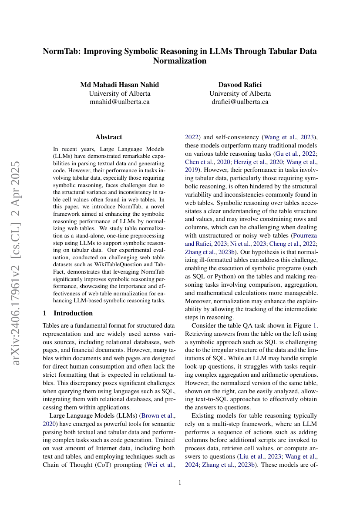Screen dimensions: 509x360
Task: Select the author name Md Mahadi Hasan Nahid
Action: (x=119, y=84)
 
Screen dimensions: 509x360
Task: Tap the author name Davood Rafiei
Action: (x=240, y=84)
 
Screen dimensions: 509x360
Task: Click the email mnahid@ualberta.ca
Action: (x=119, y=102)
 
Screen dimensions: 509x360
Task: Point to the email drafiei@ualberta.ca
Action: (x=240, y=102)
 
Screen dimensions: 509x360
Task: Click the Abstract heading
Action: (x=109, y=137)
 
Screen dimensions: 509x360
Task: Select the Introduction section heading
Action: (x=73, y=313)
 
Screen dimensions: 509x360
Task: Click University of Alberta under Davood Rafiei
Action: (x=240, y=93)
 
